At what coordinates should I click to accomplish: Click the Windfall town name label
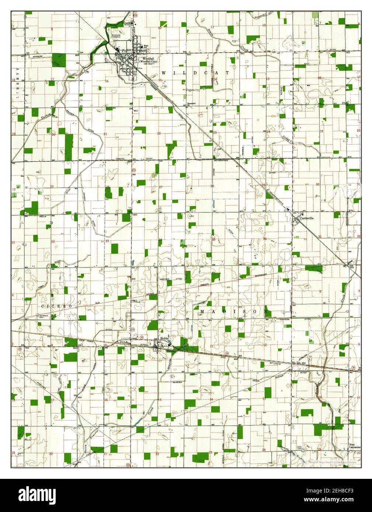[x=146, y=58]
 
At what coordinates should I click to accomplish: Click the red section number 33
[x=107, y=241]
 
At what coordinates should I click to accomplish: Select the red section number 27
[x=161, y=187]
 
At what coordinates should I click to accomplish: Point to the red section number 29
[x=52, y=186]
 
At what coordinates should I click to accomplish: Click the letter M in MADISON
[x=202, y=312]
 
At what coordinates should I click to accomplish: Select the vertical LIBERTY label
[x=17, y=84]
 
